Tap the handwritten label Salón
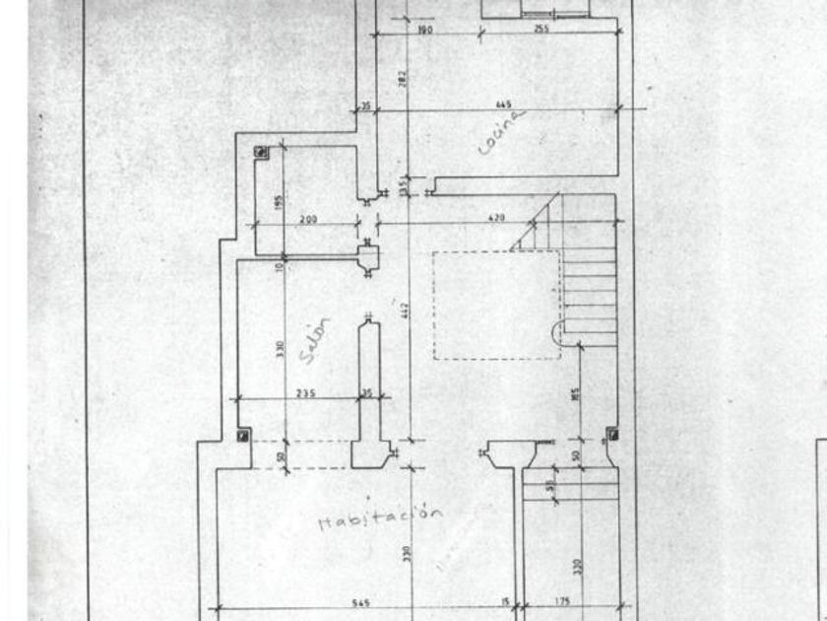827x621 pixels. point(316,339)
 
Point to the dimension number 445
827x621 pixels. point(503,104)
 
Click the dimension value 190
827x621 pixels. point(425,30)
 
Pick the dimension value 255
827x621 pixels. point(541,30)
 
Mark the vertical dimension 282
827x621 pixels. point(403,79)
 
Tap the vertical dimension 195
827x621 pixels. point(279,202)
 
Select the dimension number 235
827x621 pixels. point(305,393)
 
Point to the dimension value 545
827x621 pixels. point(360,603)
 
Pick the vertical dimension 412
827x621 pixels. point(404,310)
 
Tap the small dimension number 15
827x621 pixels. point(505,603)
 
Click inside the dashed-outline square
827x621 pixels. point(495,305)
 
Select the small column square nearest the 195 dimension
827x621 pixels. point(261,152)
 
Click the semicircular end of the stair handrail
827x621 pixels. point(557,333)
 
